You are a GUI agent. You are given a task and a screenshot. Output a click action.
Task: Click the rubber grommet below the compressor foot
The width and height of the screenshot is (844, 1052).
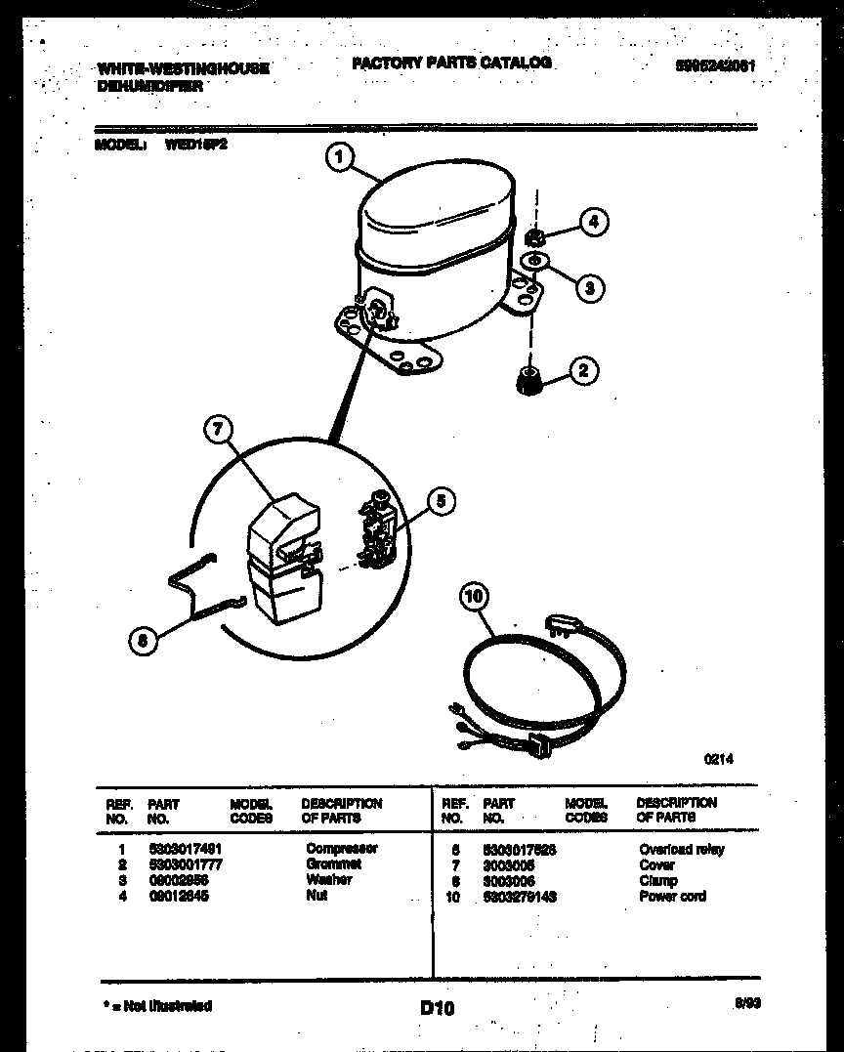click(x=528, y=379)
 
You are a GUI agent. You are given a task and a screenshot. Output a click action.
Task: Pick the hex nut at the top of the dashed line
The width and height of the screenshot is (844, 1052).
click(x=534, y=237)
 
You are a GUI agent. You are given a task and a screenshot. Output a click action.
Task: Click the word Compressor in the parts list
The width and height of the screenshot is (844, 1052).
click(x=341, y=849)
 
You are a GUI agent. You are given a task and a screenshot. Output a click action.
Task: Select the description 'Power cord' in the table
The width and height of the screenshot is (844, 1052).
click(x=672, y=897)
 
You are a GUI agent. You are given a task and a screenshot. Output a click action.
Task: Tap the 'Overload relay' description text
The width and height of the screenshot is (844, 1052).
click(x=681, y=850)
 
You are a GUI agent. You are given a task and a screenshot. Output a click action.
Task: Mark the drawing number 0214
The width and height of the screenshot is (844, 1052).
click(x=718, y=759)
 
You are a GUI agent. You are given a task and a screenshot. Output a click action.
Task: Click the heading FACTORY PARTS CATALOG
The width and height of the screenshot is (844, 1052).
click(x=451, y=63)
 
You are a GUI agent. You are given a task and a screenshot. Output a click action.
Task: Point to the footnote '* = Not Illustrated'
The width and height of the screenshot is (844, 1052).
click(x=156, y=1005)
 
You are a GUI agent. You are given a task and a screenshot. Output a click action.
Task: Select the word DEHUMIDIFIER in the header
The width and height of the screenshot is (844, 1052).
click(x=149, y=86)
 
